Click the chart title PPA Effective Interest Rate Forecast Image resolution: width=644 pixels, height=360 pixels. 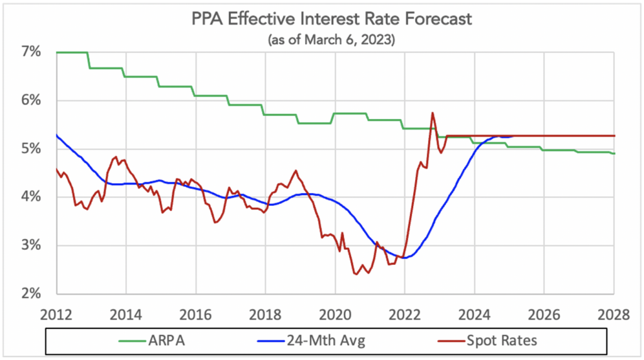point(331,19)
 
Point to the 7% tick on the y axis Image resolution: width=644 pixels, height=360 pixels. point(31,52)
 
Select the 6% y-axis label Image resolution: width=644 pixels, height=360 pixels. point(31,101)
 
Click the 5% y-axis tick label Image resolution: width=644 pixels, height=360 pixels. point(31,149)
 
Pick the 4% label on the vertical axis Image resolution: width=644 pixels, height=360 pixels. point(31,198)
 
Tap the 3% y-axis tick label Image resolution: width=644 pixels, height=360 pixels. point(31,246)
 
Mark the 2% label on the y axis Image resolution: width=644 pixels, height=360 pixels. point(31,294)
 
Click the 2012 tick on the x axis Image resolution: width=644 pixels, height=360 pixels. point(57,314)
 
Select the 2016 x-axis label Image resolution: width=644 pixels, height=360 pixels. point(196,314)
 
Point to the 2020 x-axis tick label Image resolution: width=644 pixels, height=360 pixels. point(335,314)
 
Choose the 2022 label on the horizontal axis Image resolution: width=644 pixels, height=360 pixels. point(404,314)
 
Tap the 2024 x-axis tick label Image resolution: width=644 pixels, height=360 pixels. point(474,314)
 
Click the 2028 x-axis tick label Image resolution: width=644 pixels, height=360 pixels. point(613,314)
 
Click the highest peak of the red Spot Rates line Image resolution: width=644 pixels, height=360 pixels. point(433,113)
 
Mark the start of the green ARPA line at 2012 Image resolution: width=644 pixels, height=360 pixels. point(57,52)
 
